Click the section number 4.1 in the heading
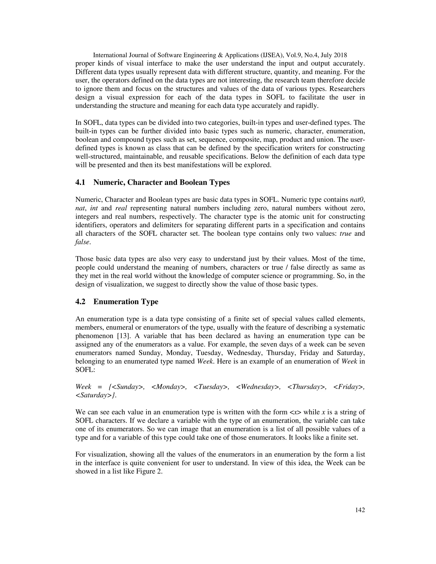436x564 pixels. point(80,183)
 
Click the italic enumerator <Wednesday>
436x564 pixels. point(258,386)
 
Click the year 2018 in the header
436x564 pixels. point(340,55)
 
